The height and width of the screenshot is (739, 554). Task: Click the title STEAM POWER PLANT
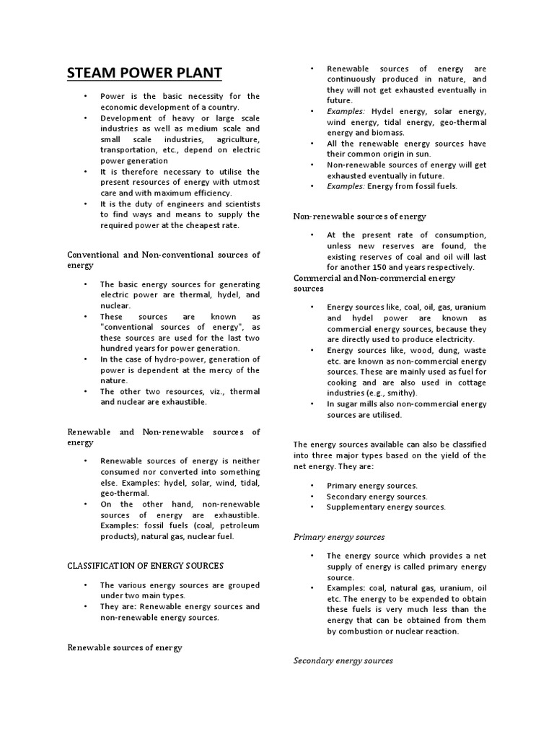144,73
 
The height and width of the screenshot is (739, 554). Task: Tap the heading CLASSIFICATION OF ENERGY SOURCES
145,565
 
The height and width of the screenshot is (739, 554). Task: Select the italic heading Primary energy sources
338,537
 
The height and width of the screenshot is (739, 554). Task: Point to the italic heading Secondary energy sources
343,660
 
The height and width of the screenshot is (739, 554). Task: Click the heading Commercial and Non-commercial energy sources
374,282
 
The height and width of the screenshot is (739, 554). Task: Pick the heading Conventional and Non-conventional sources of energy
163,260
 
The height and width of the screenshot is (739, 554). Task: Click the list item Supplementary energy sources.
386,507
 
